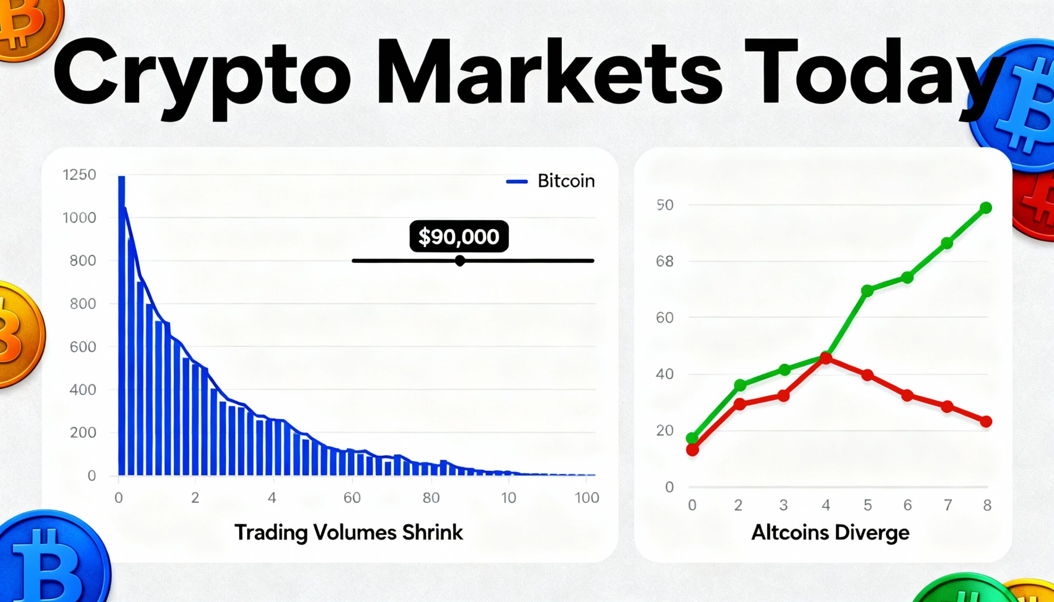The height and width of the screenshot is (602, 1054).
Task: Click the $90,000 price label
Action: pyautogui.click(x=459, y=237)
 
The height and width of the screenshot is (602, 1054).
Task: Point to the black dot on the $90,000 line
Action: pyautogui.click(x=459, y=261)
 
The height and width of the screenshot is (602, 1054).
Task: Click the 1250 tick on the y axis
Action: pyautogui.click(x=79, y=175)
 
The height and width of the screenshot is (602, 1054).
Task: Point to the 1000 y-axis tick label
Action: pyautogui.click(x=79, y=218)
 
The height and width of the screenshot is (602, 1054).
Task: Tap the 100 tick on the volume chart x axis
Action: pyautogui.click(x=587, y=498)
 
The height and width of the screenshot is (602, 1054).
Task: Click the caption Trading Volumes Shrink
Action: pyautogui.click(x=348, y=532)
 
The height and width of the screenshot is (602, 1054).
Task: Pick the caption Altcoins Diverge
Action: pyautogui.click(x=830, y=532)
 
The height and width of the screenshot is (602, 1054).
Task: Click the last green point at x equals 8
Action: pyautogui.click(x=986, y=207)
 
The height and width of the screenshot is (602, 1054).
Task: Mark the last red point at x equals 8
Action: pyautogui.click(x=986, y=422)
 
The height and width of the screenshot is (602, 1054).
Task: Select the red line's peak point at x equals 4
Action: pyautogui.click(x=825, y=358)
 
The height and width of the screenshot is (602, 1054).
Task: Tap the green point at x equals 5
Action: pyautogui.click(x=867, y=291)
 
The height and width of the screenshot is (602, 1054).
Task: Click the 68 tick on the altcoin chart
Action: pyautogui.click(x=665, y=261)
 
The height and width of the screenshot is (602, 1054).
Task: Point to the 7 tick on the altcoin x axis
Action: pyautogui.click(x=948, y=505)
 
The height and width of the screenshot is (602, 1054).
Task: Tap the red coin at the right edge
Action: pyautogui.click(x=1036, y=207)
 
